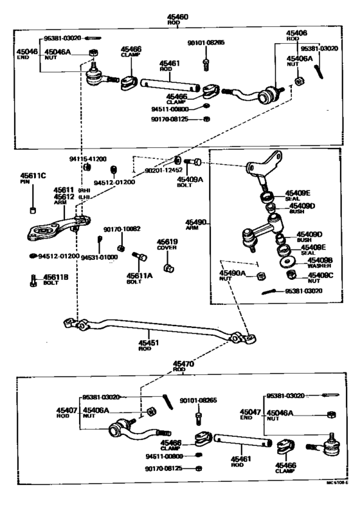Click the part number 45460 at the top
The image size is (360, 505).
[x=174, y=17]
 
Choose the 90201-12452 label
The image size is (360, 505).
[x=155, y=170]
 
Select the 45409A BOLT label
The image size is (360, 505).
[x=190, y=183]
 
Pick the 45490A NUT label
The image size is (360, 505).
[x=232, y=276]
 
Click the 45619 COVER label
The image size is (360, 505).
[x=167, y=245]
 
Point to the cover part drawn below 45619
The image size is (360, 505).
[x=170, y=267]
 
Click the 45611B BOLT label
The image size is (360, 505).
[x=55, y=279]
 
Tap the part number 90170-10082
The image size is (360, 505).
[x=122, y=228]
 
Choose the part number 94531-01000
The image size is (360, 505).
[x=99, y=257]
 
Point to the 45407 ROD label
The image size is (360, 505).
[x=66, y=412]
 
